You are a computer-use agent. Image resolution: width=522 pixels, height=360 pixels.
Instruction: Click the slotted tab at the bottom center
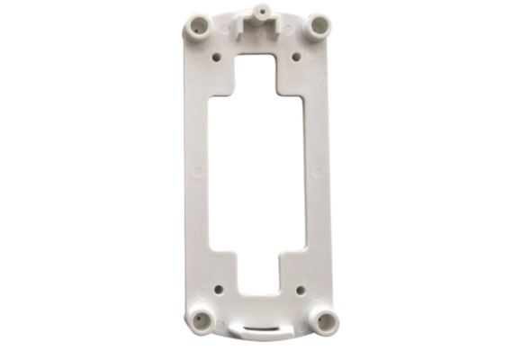[x=262, y=328]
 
